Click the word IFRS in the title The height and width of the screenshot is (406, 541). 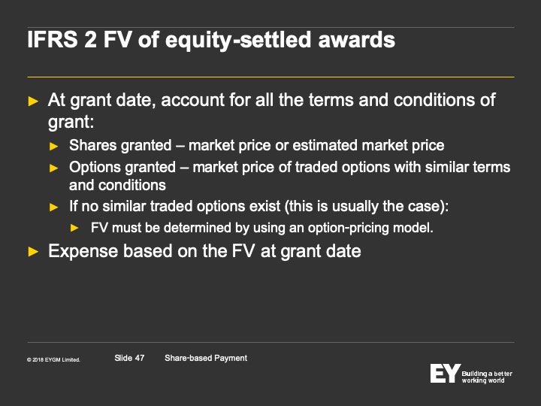(x=53, y=39)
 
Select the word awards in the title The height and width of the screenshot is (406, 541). (x=356, y=39)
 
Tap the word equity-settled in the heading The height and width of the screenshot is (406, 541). (x=238, y=41)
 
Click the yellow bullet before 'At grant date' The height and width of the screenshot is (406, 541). (x=33, y=101)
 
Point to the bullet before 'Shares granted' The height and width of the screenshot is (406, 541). (x=54, y=147)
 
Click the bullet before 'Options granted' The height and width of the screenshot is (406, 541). (x=54, y=168)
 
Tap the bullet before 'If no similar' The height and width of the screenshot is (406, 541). (x=54, y=208)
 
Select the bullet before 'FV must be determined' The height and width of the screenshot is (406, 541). (x=74, y=228)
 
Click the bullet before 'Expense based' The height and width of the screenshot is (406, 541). (x=33, y=252)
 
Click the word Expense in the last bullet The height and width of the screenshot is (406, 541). (x=83, y=251)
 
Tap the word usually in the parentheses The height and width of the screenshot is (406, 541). (x=355, y=207)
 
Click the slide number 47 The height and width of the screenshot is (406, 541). (x=140, y=358)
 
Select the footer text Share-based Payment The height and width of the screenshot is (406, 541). (x=206, y=359)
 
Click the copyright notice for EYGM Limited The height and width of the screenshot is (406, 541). (x=53, y=359)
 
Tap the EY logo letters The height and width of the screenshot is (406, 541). (x=445, y=373)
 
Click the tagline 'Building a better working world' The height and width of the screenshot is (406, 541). (x=487, y=377)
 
